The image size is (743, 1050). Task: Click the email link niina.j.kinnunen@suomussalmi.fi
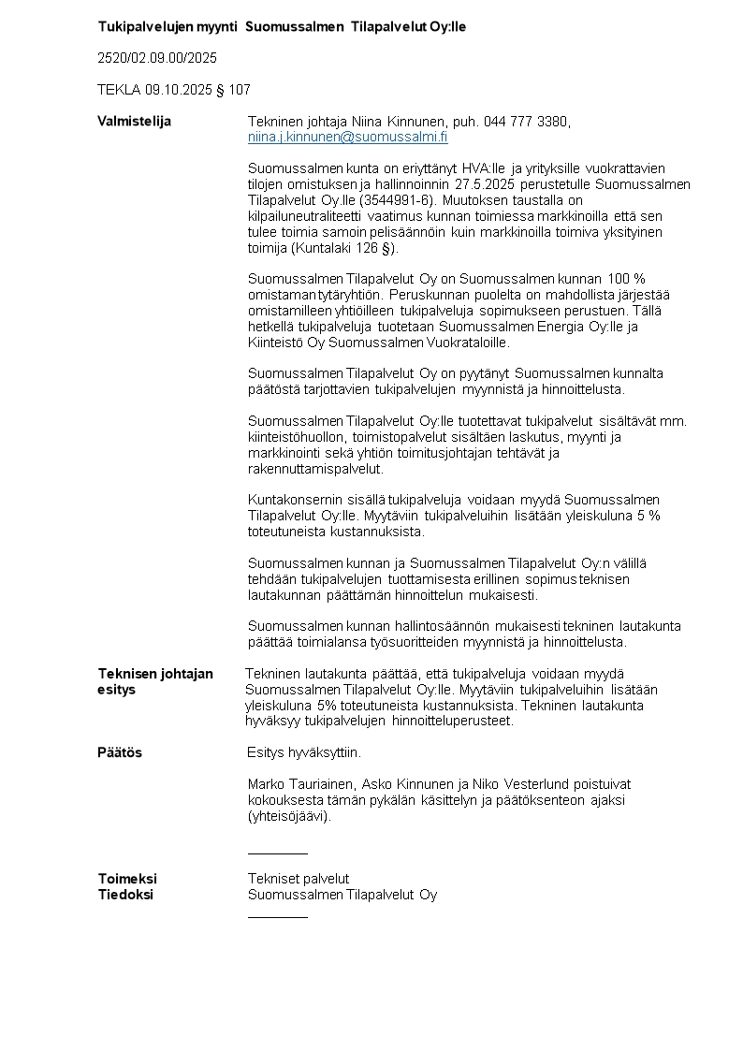pos(347,137)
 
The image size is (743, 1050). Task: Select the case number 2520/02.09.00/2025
pos(157,58)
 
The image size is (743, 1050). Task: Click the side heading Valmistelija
pos(135,121)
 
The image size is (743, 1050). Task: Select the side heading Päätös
pos(120,752)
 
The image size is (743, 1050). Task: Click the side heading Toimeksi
pos(127,879)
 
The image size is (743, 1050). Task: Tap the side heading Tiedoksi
pos(125,895)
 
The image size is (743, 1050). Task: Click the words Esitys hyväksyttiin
pos(304,752)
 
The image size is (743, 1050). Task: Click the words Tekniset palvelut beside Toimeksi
pos(299,879)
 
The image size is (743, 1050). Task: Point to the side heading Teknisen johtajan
pos(155,674)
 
